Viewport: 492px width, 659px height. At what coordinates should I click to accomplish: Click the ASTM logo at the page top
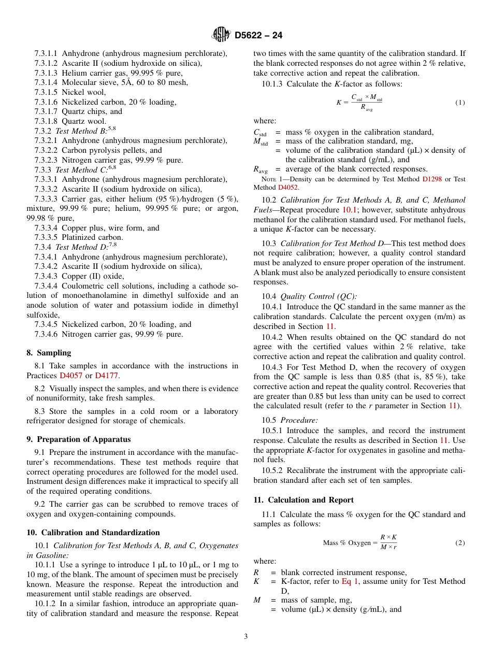[x=221, y=35]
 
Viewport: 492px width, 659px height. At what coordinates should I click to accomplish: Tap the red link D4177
[x=107, y=376]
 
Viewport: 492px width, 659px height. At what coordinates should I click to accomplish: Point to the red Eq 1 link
[x=349, y=582]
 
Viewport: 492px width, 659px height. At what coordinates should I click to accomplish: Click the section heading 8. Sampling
[x=49, y=353]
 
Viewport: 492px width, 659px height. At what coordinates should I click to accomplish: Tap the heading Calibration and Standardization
[x=100, y=533]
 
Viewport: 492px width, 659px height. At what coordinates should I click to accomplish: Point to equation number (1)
[x=460, y=103]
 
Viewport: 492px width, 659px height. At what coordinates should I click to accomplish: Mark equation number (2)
[x=460, y=543]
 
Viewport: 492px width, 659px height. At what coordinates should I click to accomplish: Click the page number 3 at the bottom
[x=246, y=636]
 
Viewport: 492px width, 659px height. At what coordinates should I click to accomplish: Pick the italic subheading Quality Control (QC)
[x=318, y=297]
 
